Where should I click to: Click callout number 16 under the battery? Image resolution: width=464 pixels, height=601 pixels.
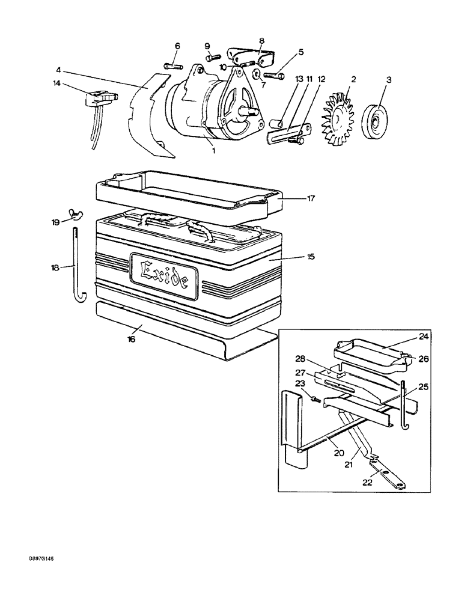[x=132, y=339]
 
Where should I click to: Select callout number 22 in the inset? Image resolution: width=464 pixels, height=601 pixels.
[x=368, y=481]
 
